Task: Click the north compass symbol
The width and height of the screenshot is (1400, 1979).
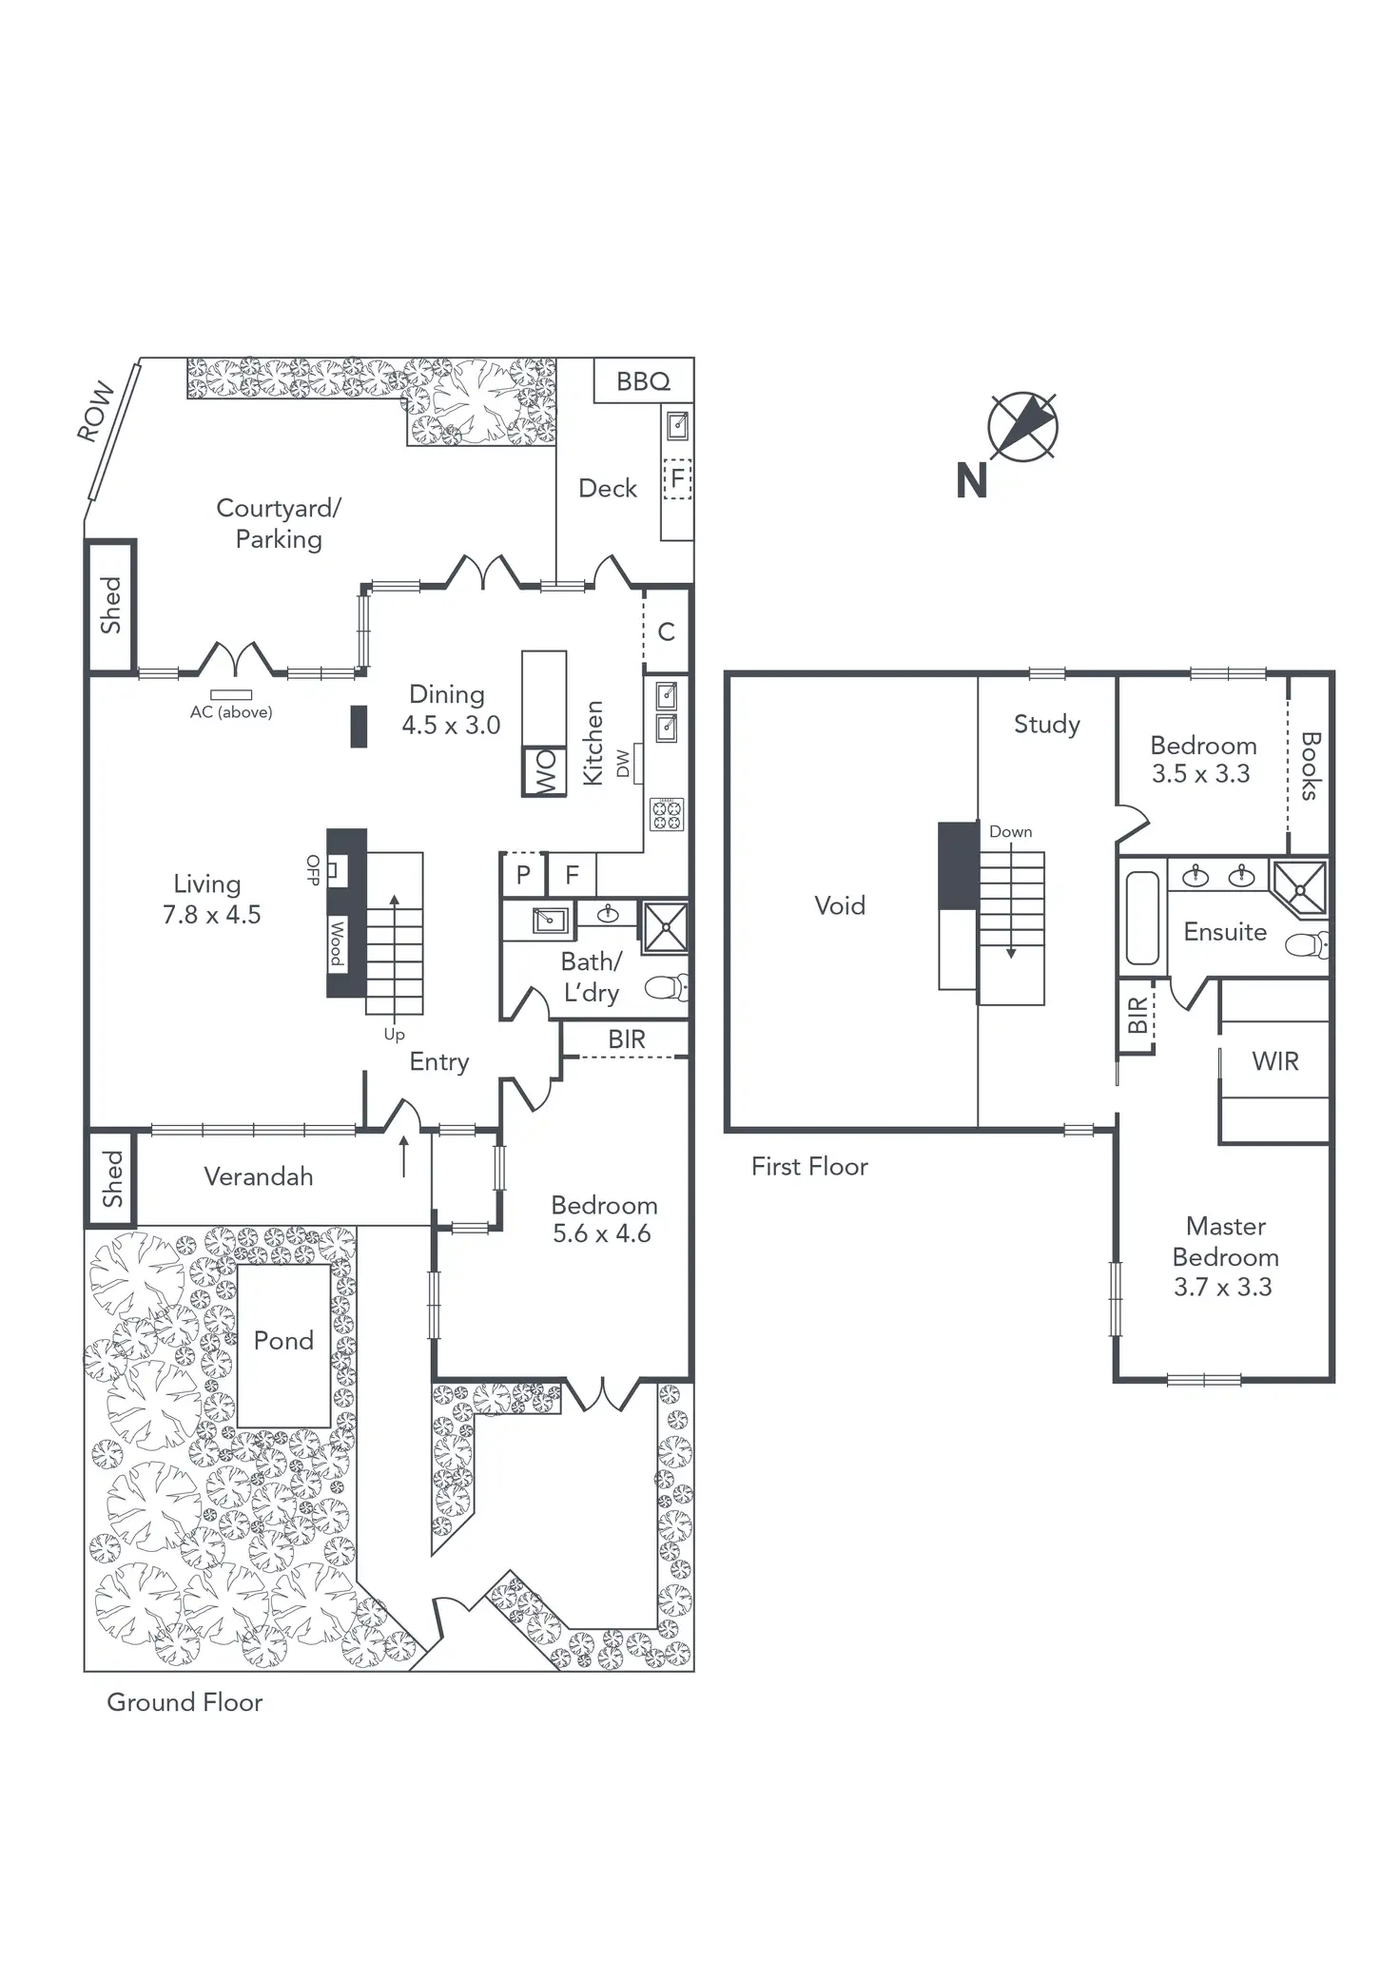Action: coord(1022,425)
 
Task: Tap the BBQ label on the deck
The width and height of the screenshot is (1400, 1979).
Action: coord(643,381)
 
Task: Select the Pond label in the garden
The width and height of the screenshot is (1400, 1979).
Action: coord(283,1341)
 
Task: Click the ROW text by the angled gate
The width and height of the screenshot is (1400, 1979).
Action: coord(95,413)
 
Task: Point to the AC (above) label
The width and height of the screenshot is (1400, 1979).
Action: coord(231,712)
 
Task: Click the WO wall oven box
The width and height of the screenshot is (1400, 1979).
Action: coord(544,771)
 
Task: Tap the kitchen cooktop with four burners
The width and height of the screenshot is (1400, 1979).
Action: coord(666,814)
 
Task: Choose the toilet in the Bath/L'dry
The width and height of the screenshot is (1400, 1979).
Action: coord(668,988)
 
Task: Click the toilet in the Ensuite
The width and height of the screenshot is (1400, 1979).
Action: coord(1308,945)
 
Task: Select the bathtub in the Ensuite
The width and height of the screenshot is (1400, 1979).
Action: coord(1142,919)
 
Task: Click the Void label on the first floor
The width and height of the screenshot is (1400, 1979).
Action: coord(840,905)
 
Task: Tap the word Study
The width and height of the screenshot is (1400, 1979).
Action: coord(1046,725)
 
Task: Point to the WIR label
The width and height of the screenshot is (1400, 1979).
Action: coord(1275,1061)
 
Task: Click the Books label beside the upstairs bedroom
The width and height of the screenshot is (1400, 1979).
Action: coord(1310,766)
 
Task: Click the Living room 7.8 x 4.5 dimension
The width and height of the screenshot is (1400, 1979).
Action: coord(211,915)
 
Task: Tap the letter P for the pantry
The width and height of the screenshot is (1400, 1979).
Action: coord(523,875)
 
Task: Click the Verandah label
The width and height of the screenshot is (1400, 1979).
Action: coord(259,1177)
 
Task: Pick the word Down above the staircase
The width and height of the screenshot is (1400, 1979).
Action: coord(1010,832)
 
